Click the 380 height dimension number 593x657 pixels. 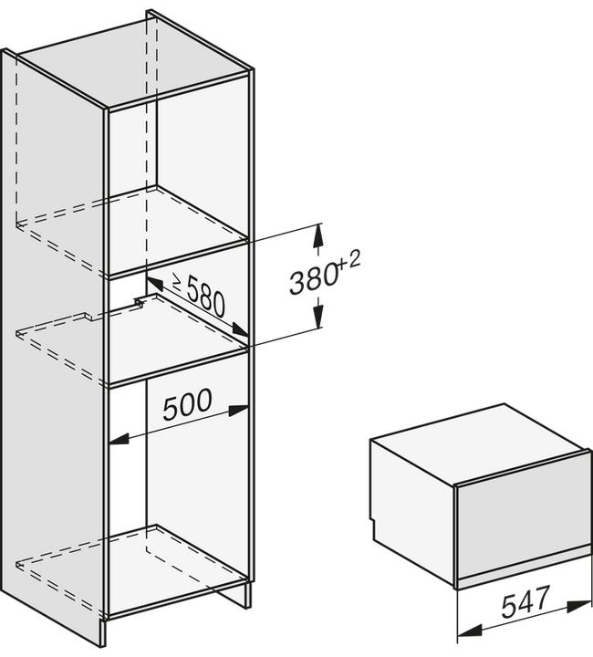click(x=313, y=277)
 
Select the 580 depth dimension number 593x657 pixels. click(x=205, y=297)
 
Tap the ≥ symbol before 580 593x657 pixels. click(x=177, y=282)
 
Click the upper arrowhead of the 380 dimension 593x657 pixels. click(x=318, y=236)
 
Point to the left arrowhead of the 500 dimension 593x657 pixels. click(x=119, y=439)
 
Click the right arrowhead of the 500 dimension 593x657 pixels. click(x=239, y=410)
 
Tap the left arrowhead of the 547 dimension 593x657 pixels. click(x=468, y=631)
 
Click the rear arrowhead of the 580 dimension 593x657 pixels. click(x=154, y=284)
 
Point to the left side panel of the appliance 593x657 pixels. click(x=412, y=509)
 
